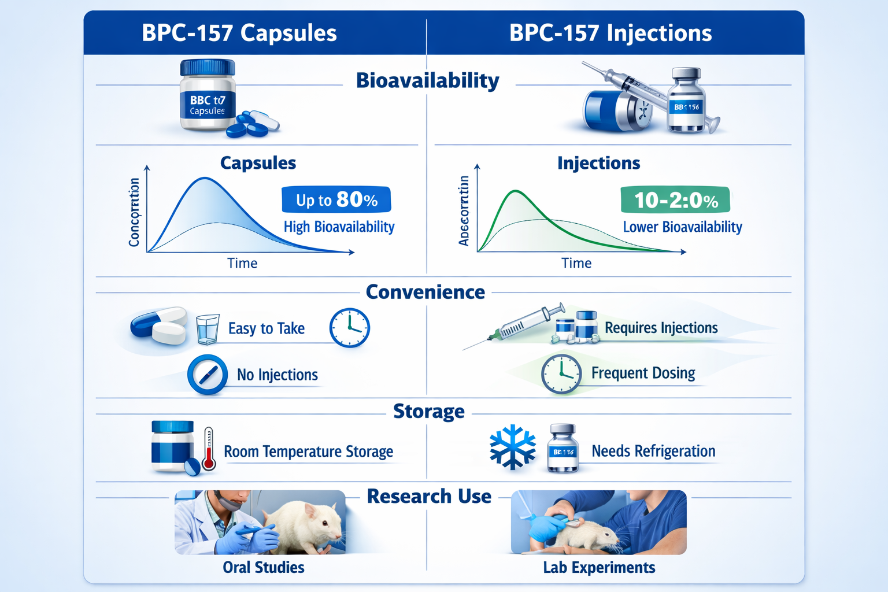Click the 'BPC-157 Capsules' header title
(x=239, y=33)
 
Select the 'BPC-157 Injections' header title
(x=610, y=33)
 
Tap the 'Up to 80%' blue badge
(x=336, y=200)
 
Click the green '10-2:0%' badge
(x=675, y=200)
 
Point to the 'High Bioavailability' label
(x=339, y=227)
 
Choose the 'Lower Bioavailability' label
(x=682, y=227)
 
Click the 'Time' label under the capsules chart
(x=242, y=264)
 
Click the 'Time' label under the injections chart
(x=576, y=264)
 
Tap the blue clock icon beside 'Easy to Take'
(x=349, y=328)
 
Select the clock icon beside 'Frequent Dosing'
(x=561, y=374)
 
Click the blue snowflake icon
(x=512, y=447)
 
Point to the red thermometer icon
(x=209, y=449)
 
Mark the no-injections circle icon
(x=208, y=375)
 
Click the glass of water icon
(x=208, y=329)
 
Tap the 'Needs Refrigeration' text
(x=653, y=451)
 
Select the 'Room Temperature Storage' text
(x=308, y=452)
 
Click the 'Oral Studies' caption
(x=264, y=567)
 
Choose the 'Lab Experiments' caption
(x=599, y=567)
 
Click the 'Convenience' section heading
(x=425, y=292)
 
